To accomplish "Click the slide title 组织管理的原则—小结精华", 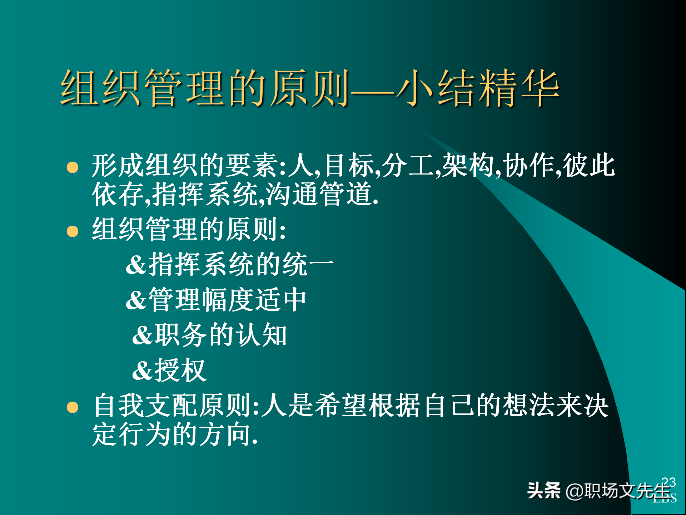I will tap(310, 88).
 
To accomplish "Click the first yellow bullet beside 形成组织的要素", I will tap(73, 167).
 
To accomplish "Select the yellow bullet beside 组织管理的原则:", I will tap(73, 231).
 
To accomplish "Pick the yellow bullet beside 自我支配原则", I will tap(73, 407).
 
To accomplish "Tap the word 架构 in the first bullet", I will tap(468, 166).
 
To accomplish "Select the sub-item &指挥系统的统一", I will tap(230, 264).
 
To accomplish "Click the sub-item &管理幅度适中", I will tap(216, 300).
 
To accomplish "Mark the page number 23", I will tap(668, 482).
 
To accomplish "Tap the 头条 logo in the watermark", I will tap(544, 490).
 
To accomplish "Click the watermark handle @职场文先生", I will tap(618, 491).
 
